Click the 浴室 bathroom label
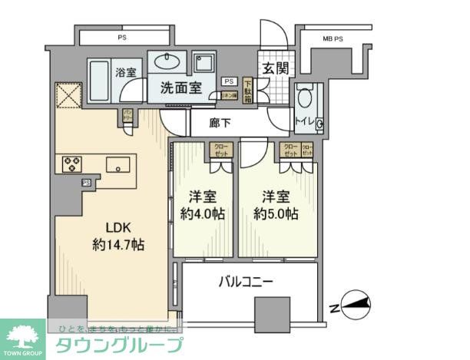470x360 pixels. point(127,72)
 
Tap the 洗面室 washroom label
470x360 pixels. point(181,88)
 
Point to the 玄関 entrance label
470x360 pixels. point(276,68)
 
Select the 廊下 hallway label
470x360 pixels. point(220,121)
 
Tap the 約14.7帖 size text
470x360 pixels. point(118,246)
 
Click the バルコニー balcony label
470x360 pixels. point(247,282)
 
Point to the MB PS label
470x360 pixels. point(333,38)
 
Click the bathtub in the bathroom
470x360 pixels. point(100,79)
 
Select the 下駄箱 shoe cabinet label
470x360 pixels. point(247,90)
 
